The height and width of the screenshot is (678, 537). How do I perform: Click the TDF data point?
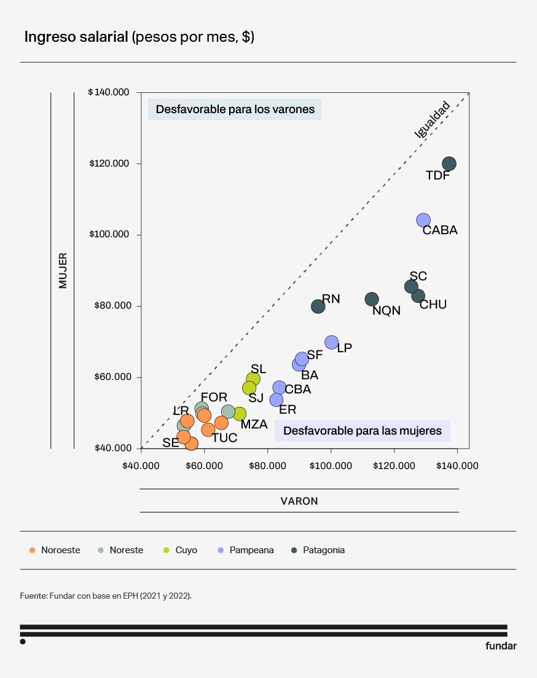tap(449, 164)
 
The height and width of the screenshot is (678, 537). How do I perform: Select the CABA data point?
tap(423, 220)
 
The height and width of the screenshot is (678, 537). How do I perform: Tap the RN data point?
tap(318, 306)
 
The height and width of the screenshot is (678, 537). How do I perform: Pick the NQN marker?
tap(372, 299)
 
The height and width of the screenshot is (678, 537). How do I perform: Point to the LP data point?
tap(332, 342)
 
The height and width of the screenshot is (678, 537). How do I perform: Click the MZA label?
tap(254, 424)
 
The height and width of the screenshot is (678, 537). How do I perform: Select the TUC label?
tap(224, 438)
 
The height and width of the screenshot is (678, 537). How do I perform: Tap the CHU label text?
tap(433, 304)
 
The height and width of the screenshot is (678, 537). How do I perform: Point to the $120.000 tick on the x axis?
tap(394, 466)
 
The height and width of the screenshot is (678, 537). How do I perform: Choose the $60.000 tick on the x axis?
tap(205, 466)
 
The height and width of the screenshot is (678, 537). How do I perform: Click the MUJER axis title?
tap(63, 270)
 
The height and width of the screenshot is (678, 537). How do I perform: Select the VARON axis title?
tap(299, 501)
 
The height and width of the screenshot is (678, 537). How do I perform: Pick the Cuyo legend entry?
tap(186, 550)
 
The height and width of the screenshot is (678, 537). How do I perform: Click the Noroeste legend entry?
tap(60, 550)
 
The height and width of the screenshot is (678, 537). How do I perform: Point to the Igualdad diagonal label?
tap(433, 119)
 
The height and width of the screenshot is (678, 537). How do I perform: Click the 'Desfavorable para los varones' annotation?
tap(235, 109)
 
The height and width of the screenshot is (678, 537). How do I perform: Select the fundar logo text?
tap(501, 646)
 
